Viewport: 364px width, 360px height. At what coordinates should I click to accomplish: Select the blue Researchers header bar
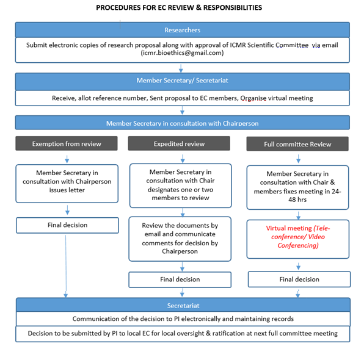click(x=182, y=30)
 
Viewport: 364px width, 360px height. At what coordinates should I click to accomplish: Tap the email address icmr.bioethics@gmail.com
click(x=182, y=53)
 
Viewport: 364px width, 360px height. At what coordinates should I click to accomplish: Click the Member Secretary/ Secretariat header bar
click(x=182, y=81)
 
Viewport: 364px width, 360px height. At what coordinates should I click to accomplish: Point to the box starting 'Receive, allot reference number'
click(x=182, y=98)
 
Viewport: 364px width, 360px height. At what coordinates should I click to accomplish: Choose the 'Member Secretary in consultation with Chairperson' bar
click(x=182, y=123)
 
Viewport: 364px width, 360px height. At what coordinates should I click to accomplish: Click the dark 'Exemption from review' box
click(x=67, y=144)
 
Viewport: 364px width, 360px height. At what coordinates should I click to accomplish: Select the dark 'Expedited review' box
click(x=179, y=143)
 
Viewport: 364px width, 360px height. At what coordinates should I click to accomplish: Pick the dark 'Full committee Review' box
click(x=297, y=144)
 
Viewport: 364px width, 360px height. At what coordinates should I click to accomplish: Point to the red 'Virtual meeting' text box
click(x=298, y=236)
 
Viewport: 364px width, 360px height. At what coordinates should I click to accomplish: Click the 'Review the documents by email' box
click(x=180, y=238)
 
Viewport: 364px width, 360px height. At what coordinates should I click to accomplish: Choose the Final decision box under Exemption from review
click(x=67, y=225)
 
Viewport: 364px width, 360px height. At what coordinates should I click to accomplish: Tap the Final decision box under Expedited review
click(x=180, y=279)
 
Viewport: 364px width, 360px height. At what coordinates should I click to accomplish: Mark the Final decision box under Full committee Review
click(x=299, y=279)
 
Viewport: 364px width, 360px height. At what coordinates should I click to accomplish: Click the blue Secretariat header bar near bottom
click(x=183, y=304)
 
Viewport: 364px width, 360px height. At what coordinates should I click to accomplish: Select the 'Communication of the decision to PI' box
click(x=183, y=319)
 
